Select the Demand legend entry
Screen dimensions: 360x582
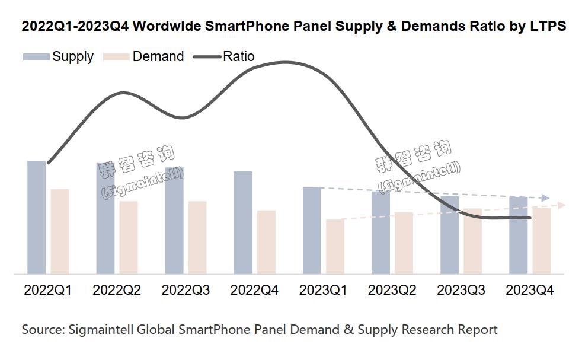tap(144, 57)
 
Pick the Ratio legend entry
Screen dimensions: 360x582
tap(225, 57)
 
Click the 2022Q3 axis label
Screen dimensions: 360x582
tap(186, 291)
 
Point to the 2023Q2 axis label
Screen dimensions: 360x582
tap(392, 291)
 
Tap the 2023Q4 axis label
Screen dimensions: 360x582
tap(529, 291)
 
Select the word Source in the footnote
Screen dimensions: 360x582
tap(42, 329)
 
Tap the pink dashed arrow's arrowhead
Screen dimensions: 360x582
tap(562, 205)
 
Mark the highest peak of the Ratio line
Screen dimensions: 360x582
tap(286, 62)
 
